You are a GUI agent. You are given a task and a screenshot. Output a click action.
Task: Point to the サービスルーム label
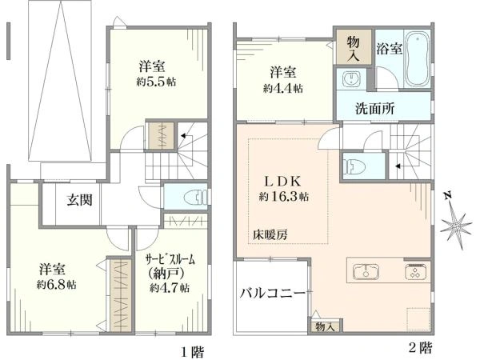click(x=170, y=260)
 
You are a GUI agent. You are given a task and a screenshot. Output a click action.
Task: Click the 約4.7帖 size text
click(x=169, y=288)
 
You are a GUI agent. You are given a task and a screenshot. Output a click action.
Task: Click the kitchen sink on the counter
click(x=366, y=272)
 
